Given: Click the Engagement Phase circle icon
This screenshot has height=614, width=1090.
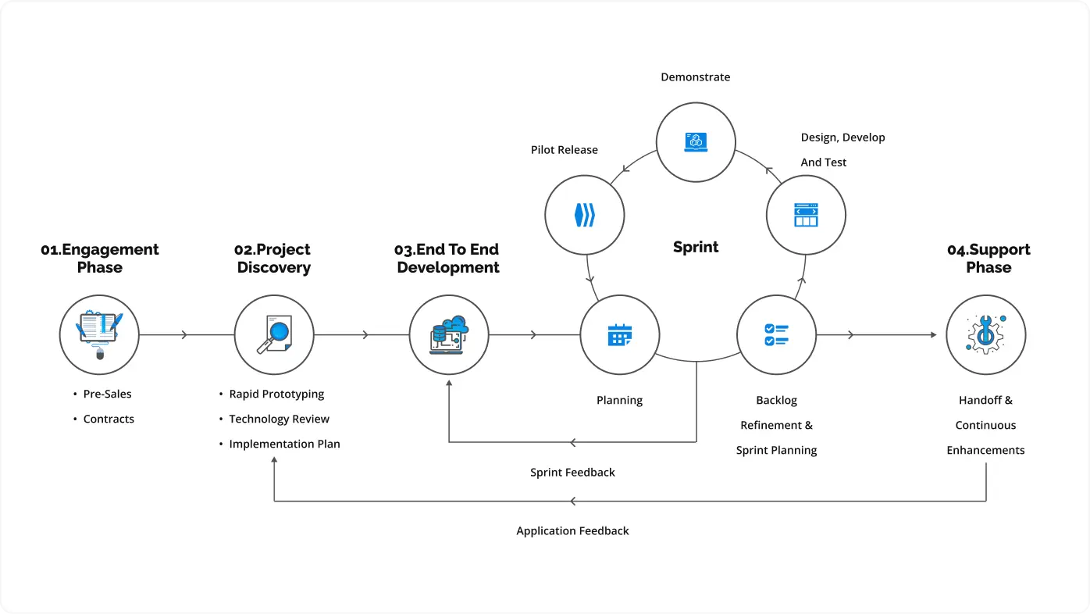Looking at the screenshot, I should click(99, 335).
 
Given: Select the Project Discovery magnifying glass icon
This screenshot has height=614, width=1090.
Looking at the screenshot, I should click(274, 335).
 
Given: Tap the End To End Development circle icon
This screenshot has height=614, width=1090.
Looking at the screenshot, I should click(449, 335).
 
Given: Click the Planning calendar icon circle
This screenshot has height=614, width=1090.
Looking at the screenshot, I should click(620, 335).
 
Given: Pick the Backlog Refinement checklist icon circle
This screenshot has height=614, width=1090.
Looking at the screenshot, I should click(776, 335).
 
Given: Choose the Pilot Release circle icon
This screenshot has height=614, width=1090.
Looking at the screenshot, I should click(584, 215).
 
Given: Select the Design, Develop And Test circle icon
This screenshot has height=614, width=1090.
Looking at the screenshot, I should click(806, 215).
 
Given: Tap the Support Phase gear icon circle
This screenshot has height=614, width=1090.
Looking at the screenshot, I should click(985, 335).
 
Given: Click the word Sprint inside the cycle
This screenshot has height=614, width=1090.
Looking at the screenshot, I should click(696, 247).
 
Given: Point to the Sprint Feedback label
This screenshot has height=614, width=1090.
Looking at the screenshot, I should click(572, 473).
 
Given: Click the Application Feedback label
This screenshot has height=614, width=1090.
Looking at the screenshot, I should click(572, 531).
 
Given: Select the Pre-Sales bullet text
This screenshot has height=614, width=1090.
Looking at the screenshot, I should click(107, 394).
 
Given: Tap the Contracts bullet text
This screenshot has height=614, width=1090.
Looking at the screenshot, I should click(109, 419).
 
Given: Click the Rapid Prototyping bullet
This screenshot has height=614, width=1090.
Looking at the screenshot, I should click(276, 394).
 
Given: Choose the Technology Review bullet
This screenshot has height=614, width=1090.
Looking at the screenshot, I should click(279, 419).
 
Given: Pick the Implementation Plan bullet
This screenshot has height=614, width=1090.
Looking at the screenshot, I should click(284, 444).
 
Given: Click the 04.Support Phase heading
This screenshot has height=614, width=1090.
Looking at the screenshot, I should click(988, 259).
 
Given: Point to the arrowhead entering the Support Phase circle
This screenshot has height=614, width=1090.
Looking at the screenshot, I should click(932, 335).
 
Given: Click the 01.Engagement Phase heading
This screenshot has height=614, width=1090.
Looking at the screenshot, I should click(100, 259).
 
